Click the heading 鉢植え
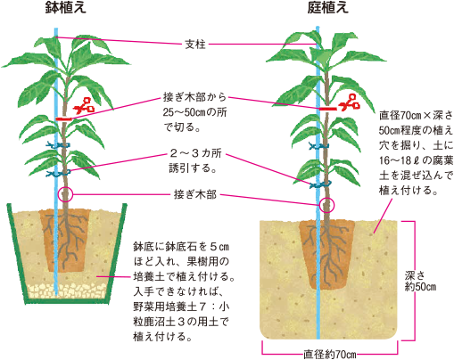click(x=65, y=7)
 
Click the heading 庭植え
click(x=327, y=7)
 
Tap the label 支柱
click(x=195, y=45)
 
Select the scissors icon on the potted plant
click(x=84, y=106)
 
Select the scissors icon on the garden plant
click(x=349, y=102)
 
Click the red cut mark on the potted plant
click(x=64, y=119)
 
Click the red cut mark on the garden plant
click(x=328, y=109)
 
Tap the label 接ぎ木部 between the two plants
click(x=195, y=194)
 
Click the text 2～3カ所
click(x=195, y=153)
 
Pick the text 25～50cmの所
click(x=194, y=112)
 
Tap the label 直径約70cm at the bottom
click(x=329, y=354)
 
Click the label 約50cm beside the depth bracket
click(x=420, y=287)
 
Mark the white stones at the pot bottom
click(x=67, y=290)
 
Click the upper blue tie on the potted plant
click(x=58, y=145)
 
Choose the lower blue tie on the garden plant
click(x=320, y=184)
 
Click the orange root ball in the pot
click(x=65, y=240)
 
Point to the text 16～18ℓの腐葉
click(x=416, y=160)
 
